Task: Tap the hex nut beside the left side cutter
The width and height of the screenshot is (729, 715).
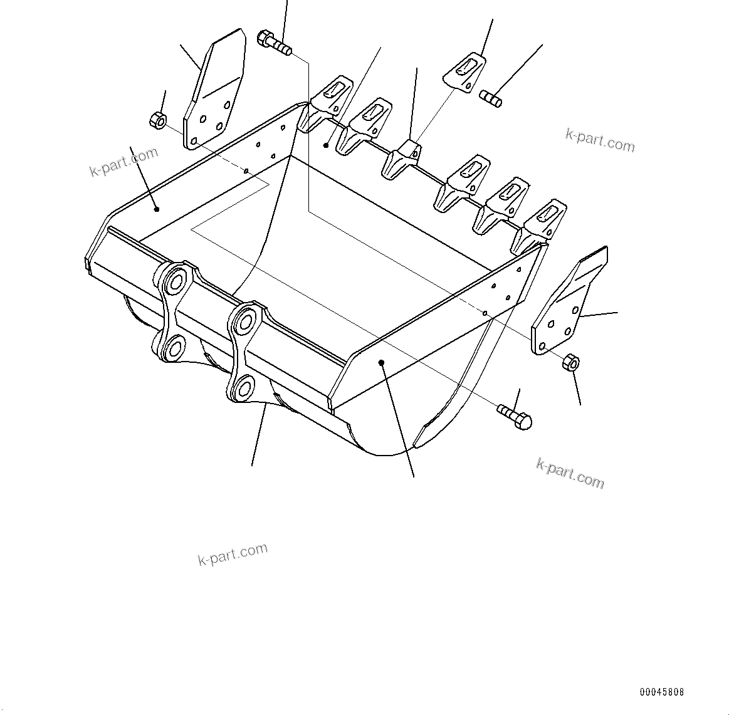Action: pos(158,119)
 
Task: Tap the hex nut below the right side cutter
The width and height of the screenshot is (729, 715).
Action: pos(570,362)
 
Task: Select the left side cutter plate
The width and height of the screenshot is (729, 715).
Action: pos(213,94)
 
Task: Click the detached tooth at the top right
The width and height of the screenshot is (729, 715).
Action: pos(464,71)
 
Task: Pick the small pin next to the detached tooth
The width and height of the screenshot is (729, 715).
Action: pos(490,98)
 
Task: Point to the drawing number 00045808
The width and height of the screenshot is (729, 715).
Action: pos(662,692)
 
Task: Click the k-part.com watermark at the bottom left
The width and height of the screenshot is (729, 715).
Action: pos(233,554)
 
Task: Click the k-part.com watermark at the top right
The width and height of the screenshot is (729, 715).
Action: pos(600,140)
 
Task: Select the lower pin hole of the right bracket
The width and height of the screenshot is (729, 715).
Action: pos(244,387)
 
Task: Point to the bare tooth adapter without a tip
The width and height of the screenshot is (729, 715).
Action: pos(401,160)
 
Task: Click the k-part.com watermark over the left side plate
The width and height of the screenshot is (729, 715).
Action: pos(123,162)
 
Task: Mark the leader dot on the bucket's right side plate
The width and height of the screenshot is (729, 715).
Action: pos(381,362)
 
